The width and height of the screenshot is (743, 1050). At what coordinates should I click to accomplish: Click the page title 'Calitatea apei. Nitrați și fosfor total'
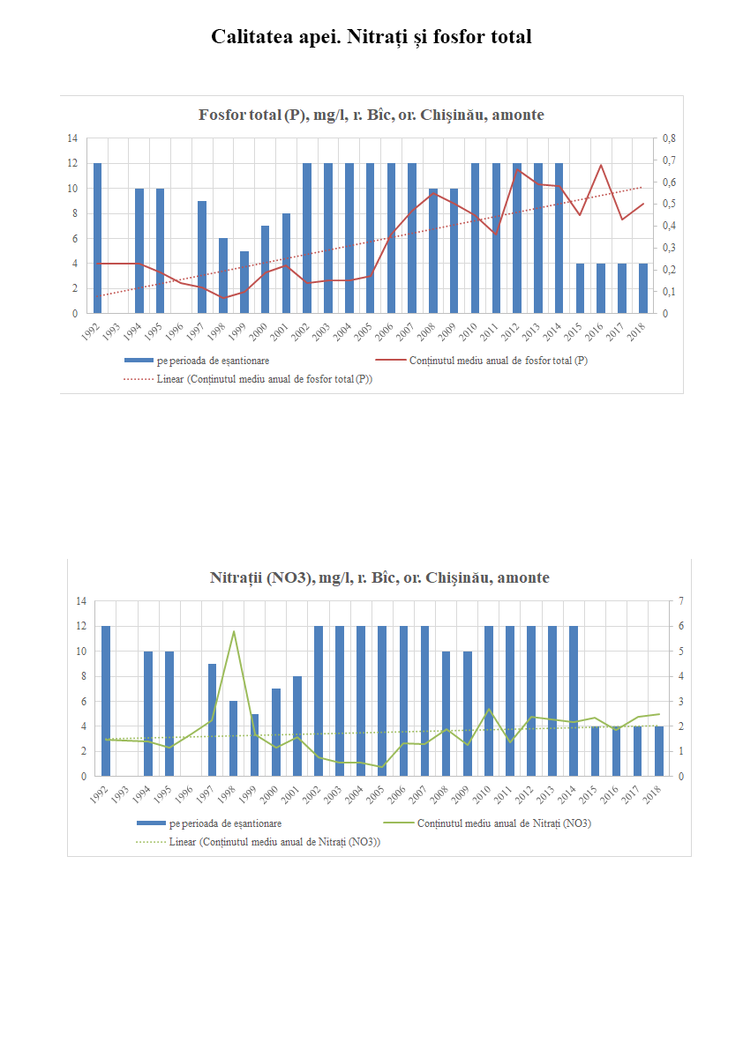pyautogui.click(x=371, y=37)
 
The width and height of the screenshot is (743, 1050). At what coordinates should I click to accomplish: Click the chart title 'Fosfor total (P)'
pyautogui.click(x=371, y=115)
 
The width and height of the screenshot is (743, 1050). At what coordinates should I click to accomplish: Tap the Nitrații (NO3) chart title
pyautogui.click(x=379, y=578)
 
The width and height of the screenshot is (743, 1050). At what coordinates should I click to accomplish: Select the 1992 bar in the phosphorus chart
pyautogui.click(x=97, y=238)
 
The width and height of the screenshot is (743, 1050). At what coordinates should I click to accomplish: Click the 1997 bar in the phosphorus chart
pyautogui.click(x=202, y=257)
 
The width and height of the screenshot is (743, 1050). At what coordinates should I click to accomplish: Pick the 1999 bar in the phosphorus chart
pyautogui.click(x=244, y=282)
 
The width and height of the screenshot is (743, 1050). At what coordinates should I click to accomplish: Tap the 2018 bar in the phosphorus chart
pyautogui.click(x=643, y=288)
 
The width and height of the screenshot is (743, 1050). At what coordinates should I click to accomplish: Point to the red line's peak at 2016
pyautogui.click(x=601, y=165)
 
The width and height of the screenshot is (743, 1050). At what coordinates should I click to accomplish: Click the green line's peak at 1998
pyautogui.click(x=234, y=631)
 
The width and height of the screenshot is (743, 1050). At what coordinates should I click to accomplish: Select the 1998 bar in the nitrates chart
pyautogui.click(x=234, y=739)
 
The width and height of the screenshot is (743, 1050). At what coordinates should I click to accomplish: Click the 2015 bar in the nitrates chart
pyautogui.click(x=595, y=752)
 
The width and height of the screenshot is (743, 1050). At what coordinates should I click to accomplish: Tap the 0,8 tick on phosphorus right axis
pyautogui.click(x=668, y=138)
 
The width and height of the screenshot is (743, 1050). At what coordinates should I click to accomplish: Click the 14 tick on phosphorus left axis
pyautogui.click(x=72, y=138)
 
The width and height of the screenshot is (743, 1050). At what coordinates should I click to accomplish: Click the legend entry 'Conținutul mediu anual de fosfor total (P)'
pyautogui.click(x=499, y=361)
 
